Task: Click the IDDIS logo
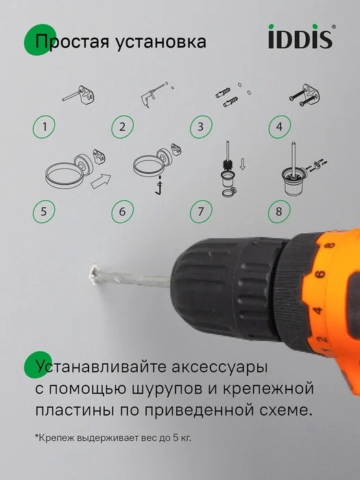click(300, 36)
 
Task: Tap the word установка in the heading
click(160, 42)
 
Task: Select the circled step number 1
click(45, 126)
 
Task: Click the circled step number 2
click(123, 126)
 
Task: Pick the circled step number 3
click(201, 126)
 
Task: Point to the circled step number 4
click(280, 126)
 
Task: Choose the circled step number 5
click(44, 211)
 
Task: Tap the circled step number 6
click(123, 211)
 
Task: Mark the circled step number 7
click(201, 211)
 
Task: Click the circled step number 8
click(279, 211)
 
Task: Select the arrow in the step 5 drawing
click(101, 181)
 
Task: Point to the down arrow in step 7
click(243, 164)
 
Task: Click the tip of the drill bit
click(92, 274)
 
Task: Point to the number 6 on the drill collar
click(320, 274)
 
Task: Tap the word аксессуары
click(219, 367)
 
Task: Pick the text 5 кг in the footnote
click(182, 437)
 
